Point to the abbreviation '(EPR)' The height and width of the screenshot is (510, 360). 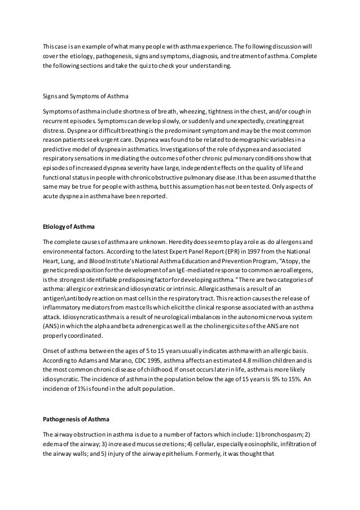click(x=210, y=252)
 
